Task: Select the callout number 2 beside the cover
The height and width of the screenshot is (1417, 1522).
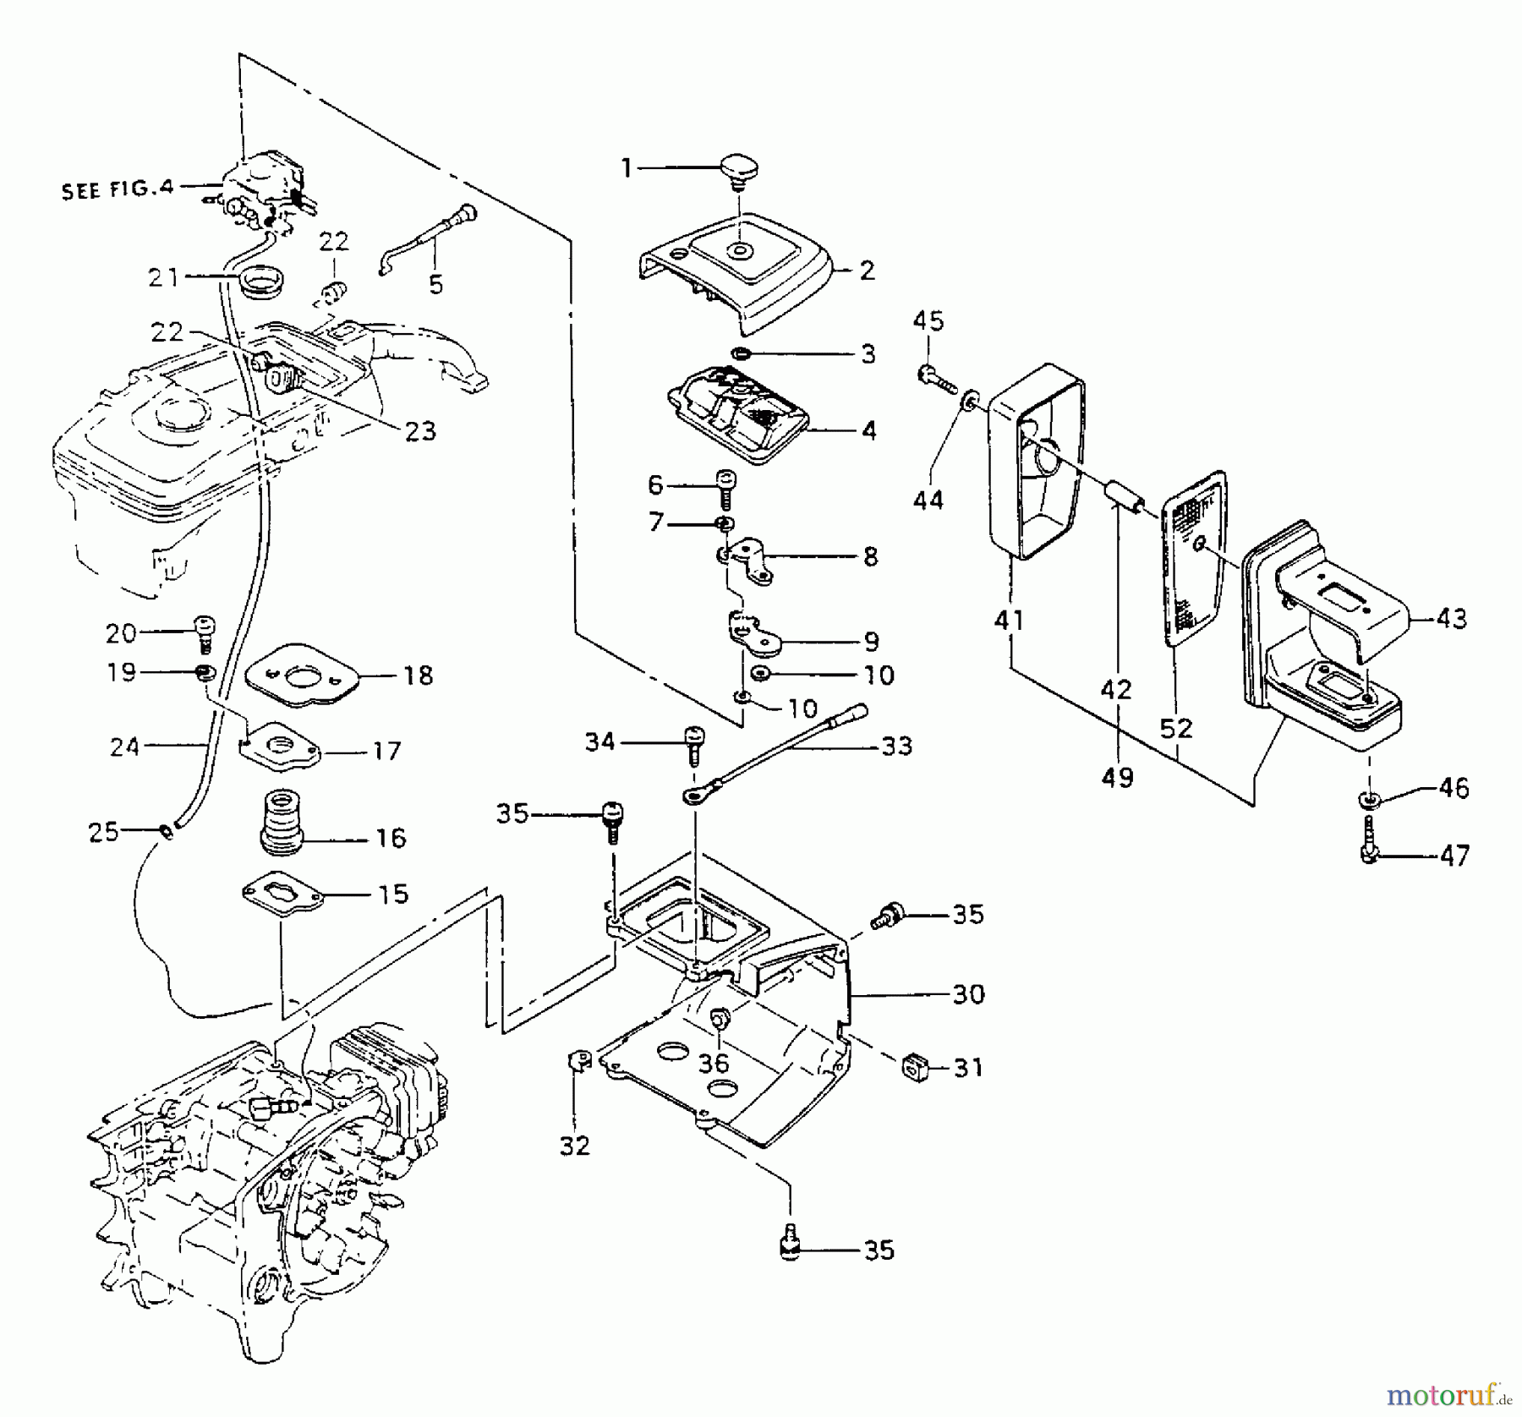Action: click(x=868, y=271)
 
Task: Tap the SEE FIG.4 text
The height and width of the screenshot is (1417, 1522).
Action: click(x=117, y=189)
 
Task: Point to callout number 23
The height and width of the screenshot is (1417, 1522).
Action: click(x=419, y=431)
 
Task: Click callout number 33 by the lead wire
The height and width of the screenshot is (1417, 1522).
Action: click(x=896, y=746)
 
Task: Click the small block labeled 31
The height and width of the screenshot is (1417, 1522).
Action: click(x=916, y=1067)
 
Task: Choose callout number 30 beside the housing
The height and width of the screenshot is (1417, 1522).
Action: click(x=968, y=994)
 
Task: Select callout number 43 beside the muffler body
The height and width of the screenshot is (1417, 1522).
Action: click(x=1453, y=619)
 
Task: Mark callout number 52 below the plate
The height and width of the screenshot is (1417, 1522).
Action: click(x=1176, y=728)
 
